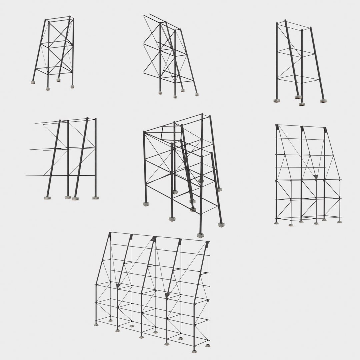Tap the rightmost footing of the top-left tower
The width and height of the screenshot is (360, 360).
(x=72, y=87)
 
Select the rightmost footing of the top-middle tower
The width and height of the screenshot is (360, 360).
(x=197, y=95)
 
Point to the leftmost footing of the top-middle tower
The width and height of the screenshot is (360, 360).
(x=160, y=92)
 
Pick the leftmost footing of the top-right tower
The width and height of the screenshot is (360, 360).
(x=276, y=100)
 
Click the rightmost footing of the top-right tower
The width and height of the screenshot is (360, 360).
(x=322, y=100)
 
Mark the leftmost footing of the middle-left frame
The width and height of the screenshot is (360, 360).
(x=47, y=198)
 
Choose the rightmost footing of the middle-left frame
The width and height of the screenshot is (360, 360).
(x=96, y=198)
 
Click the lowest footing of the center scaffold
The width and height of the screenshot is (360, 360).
(x=200, y=235)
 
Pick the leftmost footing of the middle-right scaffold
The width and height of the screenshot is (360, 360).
(x=276, y=223)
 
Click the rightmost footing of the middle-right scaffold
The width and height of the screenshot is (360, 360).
(x=339, y=221)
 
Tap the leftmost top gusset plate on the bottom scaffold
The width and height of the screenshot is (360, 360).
(x=110, y=236)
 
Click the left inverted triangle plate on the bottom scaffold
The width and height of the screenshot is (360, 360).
(x=118, y=286)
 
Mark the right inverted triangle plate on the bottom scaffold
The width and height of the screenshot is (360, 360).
(x=167, y=295)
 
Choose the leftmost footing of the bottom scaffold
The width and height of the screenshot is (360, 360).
(x=96, y=324)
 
